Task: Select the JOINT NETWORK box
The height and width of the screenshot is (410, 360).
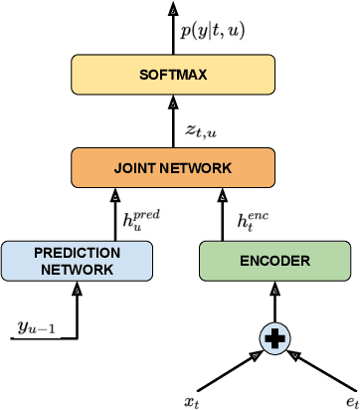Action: click(x=173, y=166)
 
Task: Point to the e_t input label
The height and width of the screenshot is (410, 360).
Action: click(x=349, y=400)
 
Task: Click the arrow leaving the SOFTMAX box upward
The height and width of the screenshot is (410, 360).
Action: click(x=174, y=30)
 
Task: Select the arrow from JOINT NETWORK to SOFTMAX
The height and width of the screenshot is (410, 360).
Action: click(x=174, y=121)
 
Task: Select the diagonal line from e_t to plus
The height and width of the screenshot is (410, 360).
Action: click(x=315, y=367)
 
